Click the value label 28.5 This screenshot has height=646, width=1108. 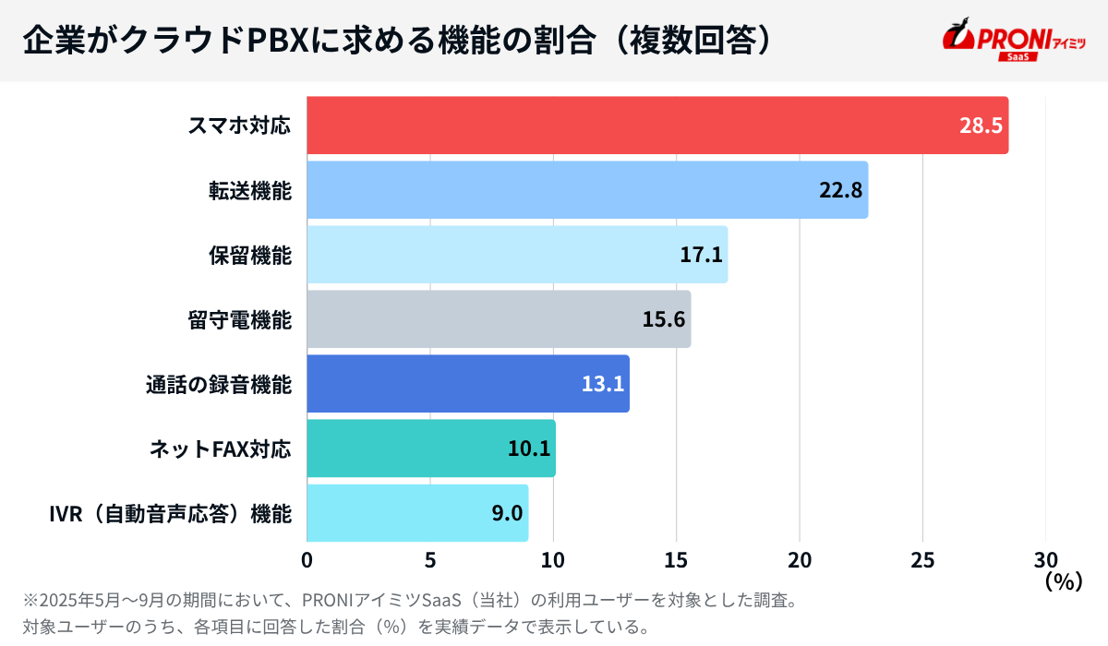(980, 126)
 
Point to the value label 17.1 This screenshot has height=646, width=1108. (701, 256)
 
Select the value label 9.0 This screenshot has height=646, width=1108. (507, 514)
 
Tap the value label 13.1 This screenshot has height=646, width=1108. (603, 385)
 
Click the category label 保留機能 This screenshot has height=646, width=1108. (249, 256)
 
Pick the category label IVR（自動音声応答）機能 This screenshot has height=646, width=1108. (170, 514)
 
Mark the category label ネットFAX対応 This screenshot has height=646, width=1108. (220, 449)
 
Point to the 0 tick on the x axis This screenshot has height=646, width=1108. (307, 560)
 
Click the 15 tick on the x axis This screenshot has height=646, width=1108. (676, 560)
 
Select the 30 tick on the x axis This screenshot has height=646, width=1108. (1045, 560)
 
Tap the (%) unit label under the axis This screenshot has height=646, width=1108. (1062, 582)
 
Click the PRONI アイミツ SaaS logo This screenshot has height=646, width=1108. (1013, 41)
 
